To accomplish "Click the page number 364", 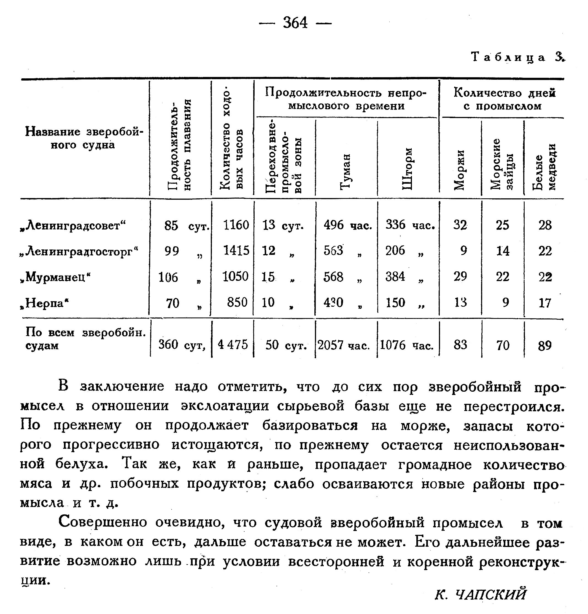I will pos(295,23).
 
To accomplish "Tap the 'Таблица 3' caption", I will pos(518,57).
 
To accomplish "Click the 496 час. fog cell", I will pos(347,225).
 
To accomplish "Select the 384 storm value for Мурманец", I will pos(395,277).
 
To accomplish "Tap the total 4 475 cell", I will pos(233,345).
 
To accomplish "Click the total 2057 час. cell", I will pos(344,345).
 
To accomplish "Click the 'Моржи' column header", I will pos(459,170).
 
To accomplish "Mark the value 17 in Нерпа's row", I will pos(545,303).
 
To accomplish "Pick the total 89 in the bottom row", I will pos(544,346).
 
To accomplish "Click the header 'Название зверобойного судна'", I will pos(83,138).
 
